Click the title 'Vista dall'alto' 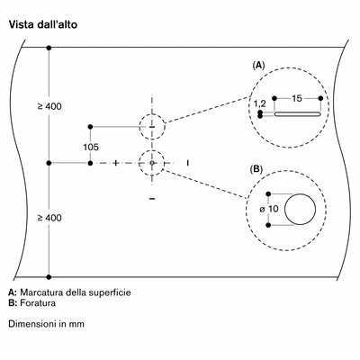(x=43, y=24)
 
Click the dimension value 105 (x=91, y=147)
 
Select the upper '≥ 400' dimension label (x=49, y=106)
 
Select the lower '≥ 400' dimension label (x=49, y=218)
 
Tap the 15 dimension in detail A (x=297, y=98)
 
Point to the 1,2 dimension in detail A (x=260, y=103)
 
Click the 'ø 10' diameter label (x=269, y=209)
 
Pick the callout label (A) (x=258, y=65)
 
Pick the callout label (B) (x=256, y=169)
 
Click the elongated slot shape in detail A (x=298, y=114)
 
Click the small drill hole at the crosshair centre (x=152, y=163)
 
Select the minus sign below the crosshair (x=152, y=199)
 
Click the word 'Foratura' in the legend (x=38, y=303)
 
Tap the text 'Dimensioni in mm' (x=46, y=324)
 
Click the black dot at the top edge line (x=49, y=48)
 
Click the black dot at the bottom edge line (x=49, y=277)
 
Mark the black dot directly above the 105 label (x=90, y=127)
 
